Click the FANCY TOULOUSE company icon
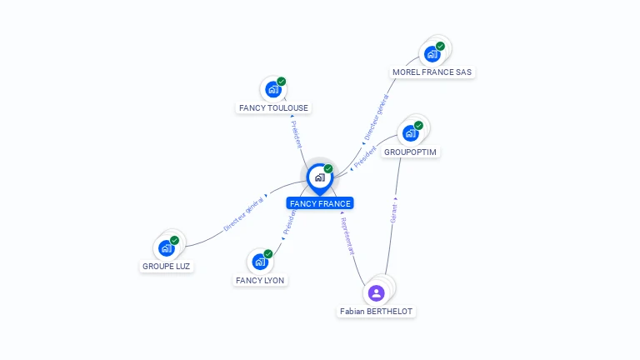tap(272, 89)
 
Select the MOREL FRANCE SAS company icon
tap(432, 54)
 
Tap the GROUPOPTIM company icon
tap(410, 132)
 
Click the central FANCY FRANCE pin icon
tap(319, 177)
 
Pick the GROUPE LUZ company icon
tap(166, 247)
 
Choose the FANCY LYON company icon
tap(260, 262)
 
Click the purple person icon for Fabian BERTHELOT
tap(376, 292)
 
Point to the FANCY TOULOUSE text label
tap(273, 108)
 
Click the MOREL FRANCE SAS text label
tap(432, 72)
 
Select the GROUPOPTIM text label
tap(410, 152)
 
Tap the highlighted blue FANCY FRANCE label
tap(320, 203)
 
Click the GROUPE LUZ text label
tap(166, 267)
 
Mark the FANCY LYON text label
tap(260, 281)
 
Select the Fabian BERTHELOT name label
tap(376, 312)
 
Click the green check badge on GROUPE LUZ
tap(174, 240)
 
